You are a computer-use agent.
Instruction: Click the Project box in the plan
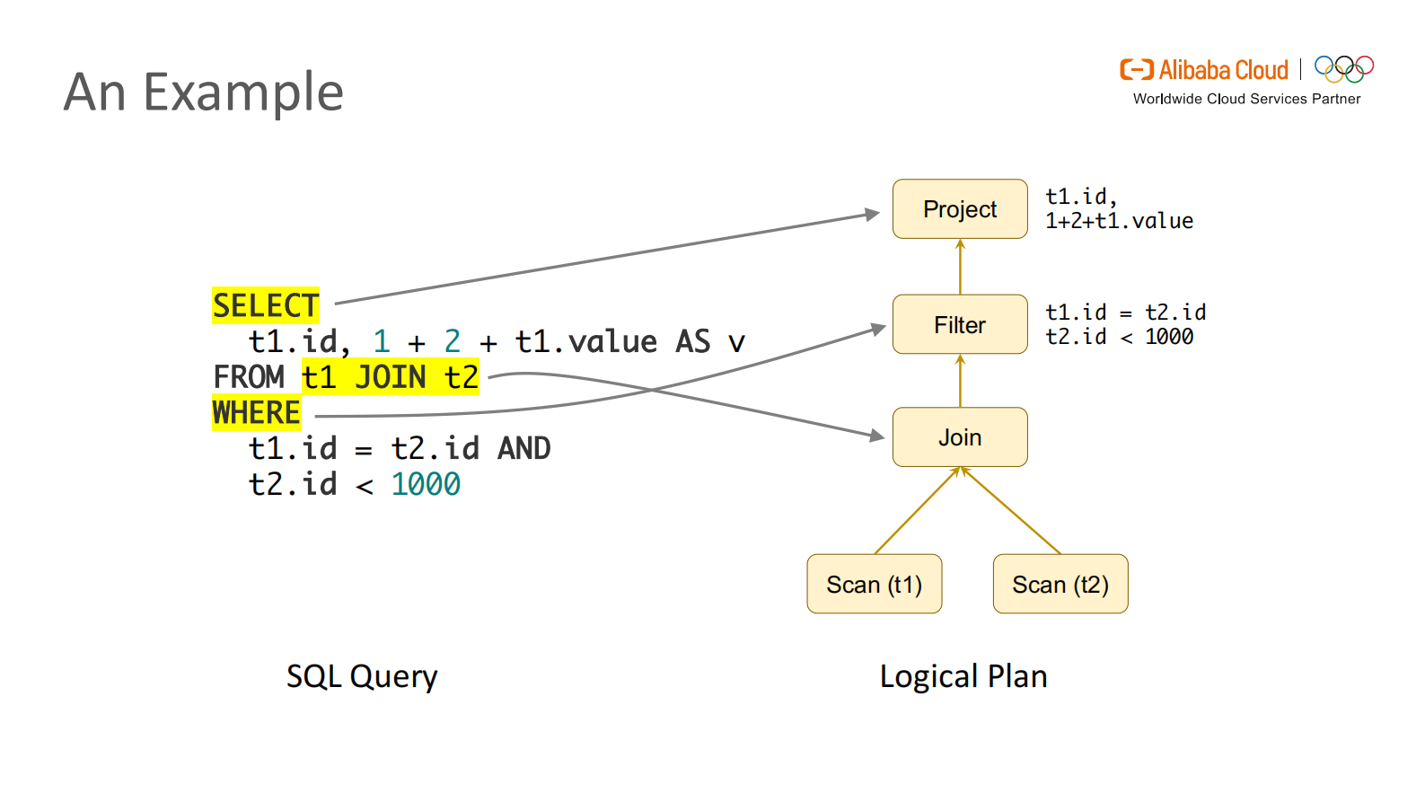click(x=959, y=209)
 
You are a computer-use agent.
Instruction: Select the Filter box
click(x=959, y=324)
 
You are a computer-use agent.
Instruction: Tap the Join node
click(x=959, y=437)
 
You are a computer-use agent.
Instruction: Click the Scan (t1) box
click(x=874, y=585)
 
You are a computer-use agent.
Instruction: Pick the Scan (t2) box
click(x=1060, y=585)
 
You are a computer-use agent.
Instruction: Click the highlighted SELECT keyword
click(x=265, y=306)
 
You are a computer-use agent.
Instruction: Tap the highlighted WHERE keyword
click(x=256, y=413)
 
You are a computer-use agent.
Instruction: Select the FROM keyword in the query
click(x=249, y=377)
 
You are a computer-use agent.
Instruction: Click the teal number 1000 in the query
click(x=426, y=485)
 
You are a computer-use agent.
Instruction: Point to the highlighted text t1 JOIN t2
click(x=390, y=377)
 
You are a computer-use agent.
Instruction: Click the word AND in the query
click(x=523, y=448)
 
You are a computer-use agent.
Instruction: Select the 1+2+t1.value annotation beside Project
click(x=1119, y=221)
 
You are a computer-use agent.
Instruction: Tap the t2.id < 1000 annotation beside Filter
click(x=1119, y=337)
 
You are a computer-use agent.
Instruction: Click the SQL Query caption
click(x=362, y=676)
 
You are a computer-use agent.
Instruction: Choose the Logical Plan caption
click(x=963, y=676)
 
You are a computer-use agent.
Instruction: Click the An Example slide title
click(x=204, y=92)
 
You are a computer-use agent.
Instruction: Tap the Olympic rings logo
click(x=1343, y=69)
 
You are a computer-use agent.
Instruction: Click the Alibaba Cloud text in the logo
click(x=1223, y=70)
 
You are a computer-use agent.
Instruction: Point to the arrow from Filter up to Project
click(x=960, y=267)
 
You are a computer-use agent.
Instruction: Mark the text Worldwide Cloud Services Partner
click(x=1246, y=99)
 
